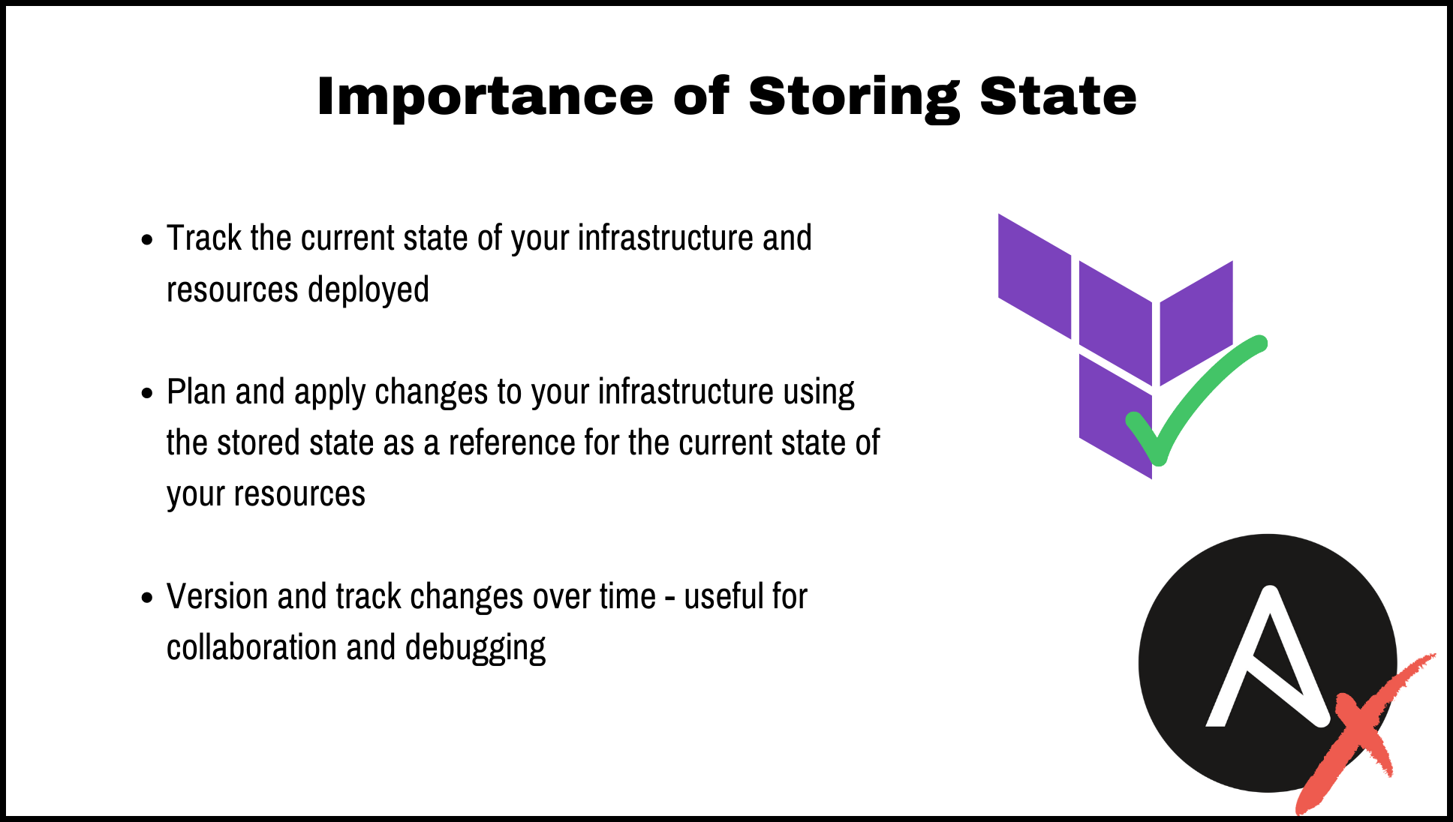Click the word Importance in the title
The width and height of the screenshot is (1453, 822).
point(485,97)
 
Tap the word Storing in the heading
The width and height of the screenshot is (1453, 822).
point(854,97)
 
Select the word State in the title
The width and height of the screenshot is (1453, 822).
point(1058,97)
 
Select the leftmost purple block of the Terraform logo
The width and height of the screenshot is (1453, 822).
point(1034,276)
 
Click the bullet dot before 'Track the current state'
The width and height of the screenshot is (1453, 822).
point(147,241)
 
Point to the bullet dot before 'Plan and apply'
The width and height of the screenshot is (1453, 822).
point(147,394)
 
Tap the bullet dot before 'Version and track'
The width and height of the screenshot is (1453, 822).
point(147,598)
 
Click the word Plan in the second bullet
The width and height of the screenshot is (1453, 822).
point(195,391)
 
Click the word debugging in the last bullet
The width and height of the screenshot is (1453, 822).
point(475,648)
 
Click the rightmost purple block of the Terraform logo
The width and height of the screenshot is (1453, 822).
point(1196,322)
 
